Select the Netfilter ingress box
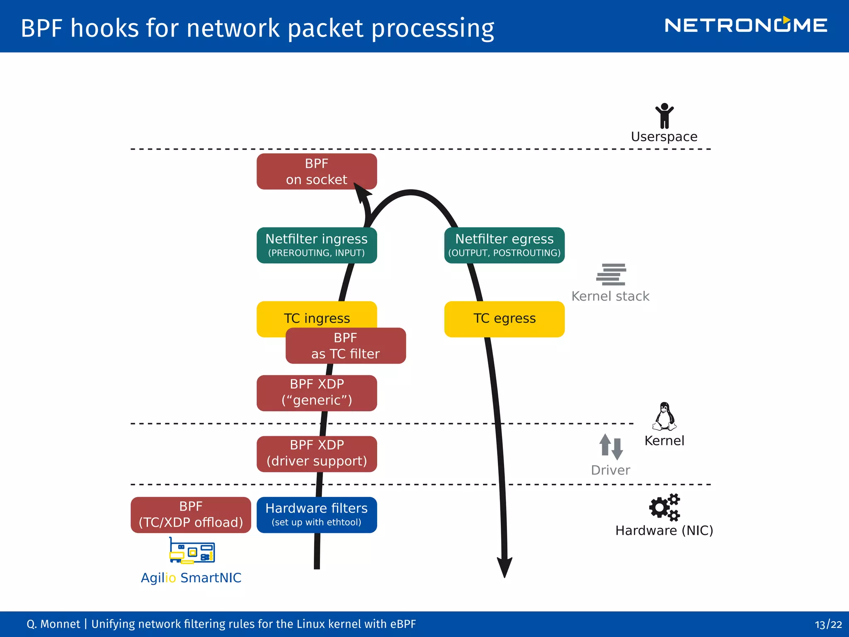[x=316, y=245]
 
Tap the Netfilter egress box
[x=504, y=245]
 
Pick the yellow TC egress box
[x=504, y=319]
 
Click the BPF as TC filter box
[x=345, y=346]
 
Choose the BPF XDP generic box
[x=316, y=393]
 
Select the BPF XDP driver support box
[x=316, y=454]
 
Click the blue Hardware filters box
[x=316, y=515]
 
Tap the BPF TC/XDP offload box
[x=191, y=515]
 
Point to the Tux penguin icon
[x=664, y=416]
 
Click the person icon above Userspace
[x=664, y=116]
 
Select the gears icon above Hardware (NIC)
[x=665, y=507]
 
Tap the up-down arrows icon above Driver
[x=611, y=447]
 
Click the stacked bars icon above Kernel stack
[x=611, y=275]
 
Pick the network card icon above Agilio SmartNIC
[x=192, y=551]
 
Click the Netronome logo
[x=745, y=25]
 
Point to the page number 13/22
[x=828, y=624]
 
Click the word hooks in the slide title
[x=104, y=28]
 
